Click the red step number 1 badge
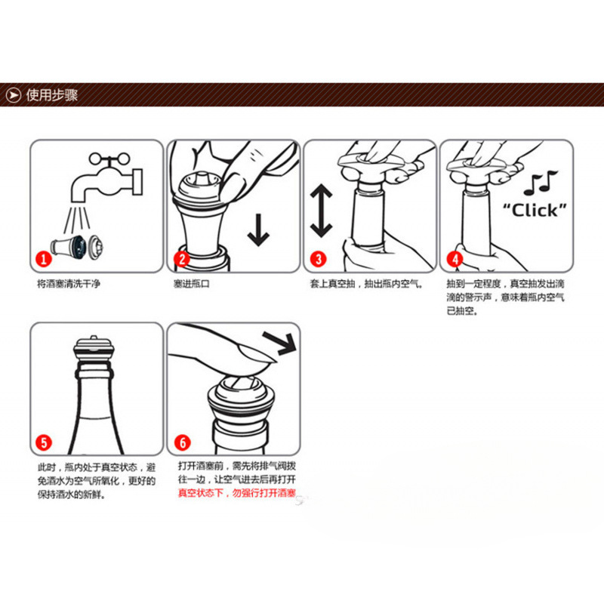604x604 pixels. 44,258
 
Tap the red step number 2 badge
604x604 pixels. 182,259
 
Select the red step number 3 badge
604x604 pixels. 318,259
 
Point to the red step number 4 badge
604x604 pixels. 455,259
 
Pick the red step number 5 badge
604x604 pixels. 44,442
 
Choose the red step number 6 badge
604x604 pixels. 182,442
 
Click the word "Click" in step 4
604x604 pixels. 535,211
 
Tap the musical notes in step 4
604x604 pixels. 540,182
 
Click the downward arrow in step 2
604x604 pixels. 258,230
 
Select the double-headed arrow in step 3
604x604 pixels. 322,211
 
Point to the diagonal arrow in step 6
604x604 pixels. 279,343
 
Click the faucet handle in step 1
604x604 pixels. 109,158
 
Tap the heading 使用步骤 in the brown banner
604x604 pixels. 52,95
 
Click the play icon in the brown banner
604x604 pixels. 14,95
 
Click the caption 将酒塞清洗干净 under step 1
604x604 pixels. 69,284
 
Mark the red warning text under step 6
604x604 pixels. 236,493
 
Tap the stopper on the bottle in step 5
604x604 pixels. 94,349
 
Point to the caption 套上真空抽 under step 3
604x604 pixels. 332,284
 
